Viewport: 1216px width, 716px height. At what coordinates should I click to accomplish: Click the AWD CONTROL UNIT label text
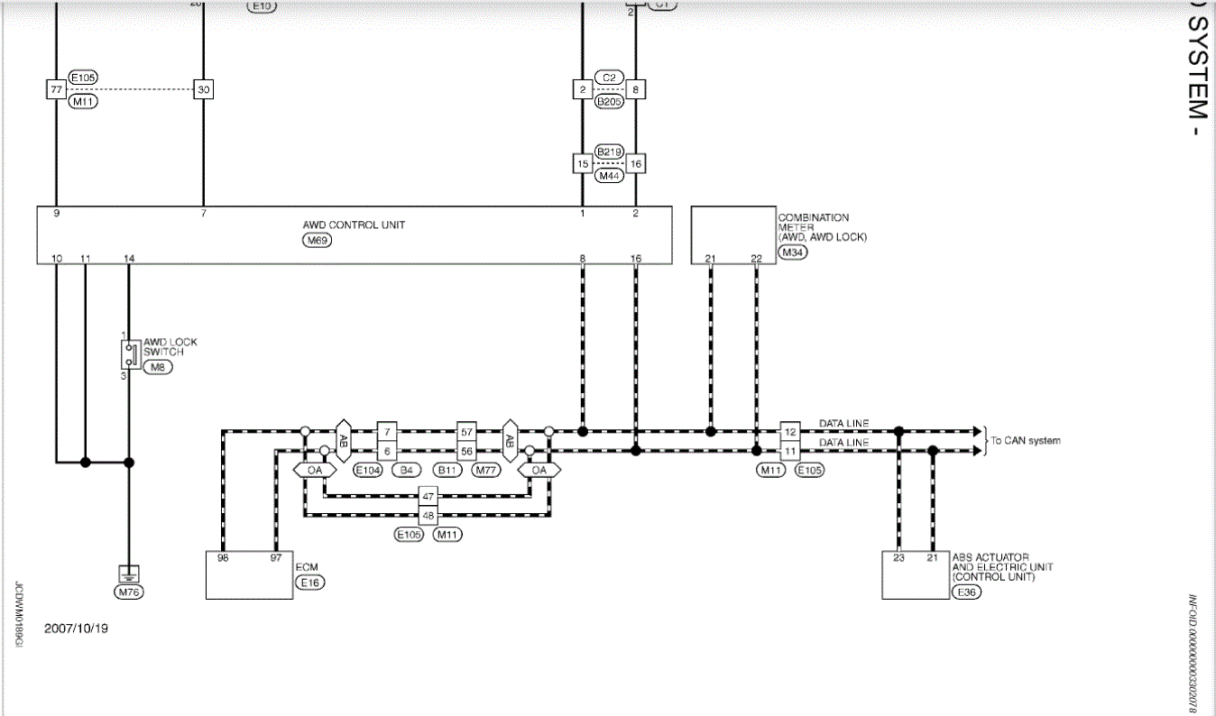pyautogui.click(x=354, y=225)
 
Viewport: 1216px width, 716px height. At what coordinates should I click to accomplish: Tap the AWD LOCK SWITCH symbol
pyautogui.click(x=130, y=353)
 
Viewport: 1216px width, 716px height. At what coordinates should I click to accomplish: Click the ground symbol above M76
pyautogui.click(x=129, y=573)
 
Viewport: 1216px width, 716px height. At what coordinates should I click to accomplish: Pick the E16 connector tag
pyautogui.click(x=310, y=583)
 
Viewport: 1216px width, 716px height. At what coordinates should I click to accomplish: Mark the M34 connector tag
pyautogui.click(x=794, y=252)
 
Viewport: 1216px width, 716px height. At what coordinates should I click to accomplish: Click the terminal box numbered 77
pyautogui.click(x=56, y=90)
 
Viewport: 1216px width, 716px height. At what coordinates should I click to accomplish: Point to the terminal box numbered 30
pyautogui.click(x=204, y=90)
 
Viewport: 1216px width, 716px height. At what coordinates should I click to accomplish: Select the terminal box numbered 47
pyautogui.click(x=428, y=496)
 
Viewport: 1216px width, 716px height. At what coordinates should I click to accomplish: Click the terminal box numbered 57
pyautogui.click(x=466, y=432)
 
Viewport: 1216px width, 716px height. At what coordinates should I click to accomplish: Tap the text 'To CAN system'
pyautogui.click(x=1026, y=441)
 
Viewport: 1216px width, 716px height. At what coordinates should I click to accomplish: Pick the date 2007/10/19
pyautogui.click(x=76, y=629)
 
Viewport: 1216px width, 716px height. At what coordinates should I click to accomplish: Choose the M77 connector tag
pyautogui.click(x=487, y=471)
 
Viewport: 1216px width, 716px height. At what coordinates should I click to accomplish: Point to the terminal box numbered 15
pyautogui.click(x=584, y=164)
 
